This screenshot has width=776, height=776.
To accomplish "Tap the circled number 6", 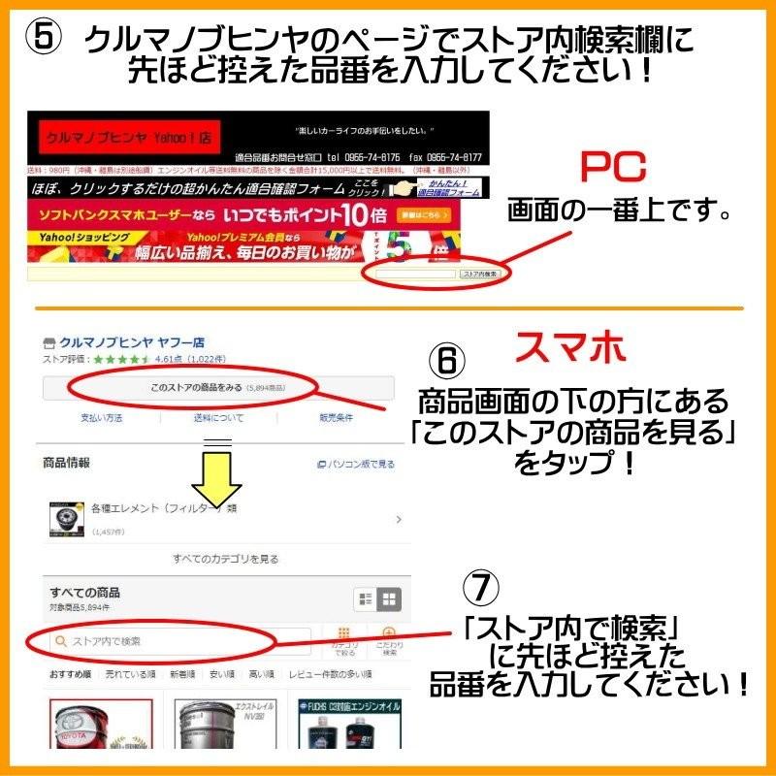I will pyautogui.click(x=446, y=361).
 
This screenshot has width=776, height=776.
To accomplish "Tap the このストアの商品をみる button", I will pyautogui.click(x=218, y=388).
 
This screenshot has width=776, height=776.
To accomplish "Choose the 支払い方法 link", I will pyautogui.click(x=101, y=418).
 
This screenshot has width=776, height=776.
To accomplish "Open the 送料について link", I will pyautogui.click(x=218, y=418).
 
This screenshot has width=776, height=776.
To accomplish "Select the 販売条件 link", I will pyautogui.click(x=336, y=418).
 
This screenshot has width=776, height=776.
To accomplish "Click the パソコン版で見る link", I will pyautogui.click(x=356, y=465).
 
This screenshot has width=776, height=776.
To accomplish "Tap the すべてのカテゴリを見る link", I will pyautogui.click(x=225, y=559).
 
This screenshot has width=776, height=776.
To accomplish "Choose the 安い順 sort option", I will pyautogui.click(x=222, y=673).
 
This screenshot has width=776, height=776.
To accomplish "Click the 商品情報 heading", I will pyautogui.click(x=67, y=464).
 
